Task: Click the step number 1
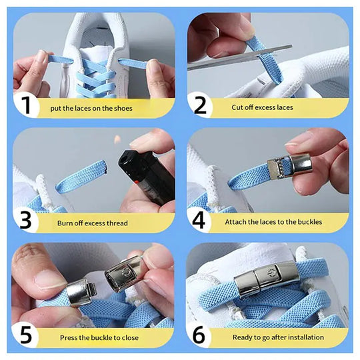(26, 106)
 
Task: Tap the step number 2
(200, 106)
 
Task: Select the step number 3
(26, 221)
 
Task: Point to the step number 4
(200, 221)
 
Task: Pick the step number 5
(26, 335)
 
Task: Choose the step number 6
(200, 335)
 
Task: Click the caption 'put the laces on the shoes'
(91, 108)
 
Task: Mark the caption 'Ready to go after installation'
(278, 337)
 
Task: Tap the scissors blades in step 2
(240, 57)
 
